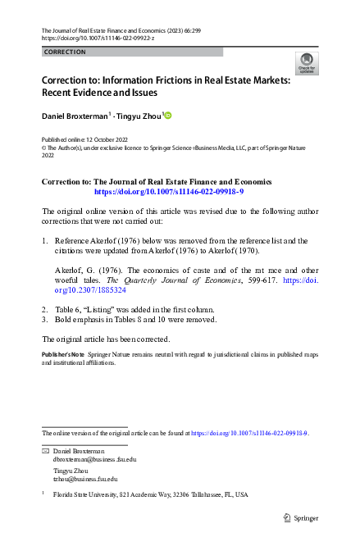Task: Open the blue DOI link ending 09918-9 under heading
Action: click(x=157, y=191)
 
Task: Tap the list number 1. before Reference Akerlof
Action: click(x=45, y=241)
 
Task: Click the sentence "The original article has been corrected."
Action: click(x=106, y=362)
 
